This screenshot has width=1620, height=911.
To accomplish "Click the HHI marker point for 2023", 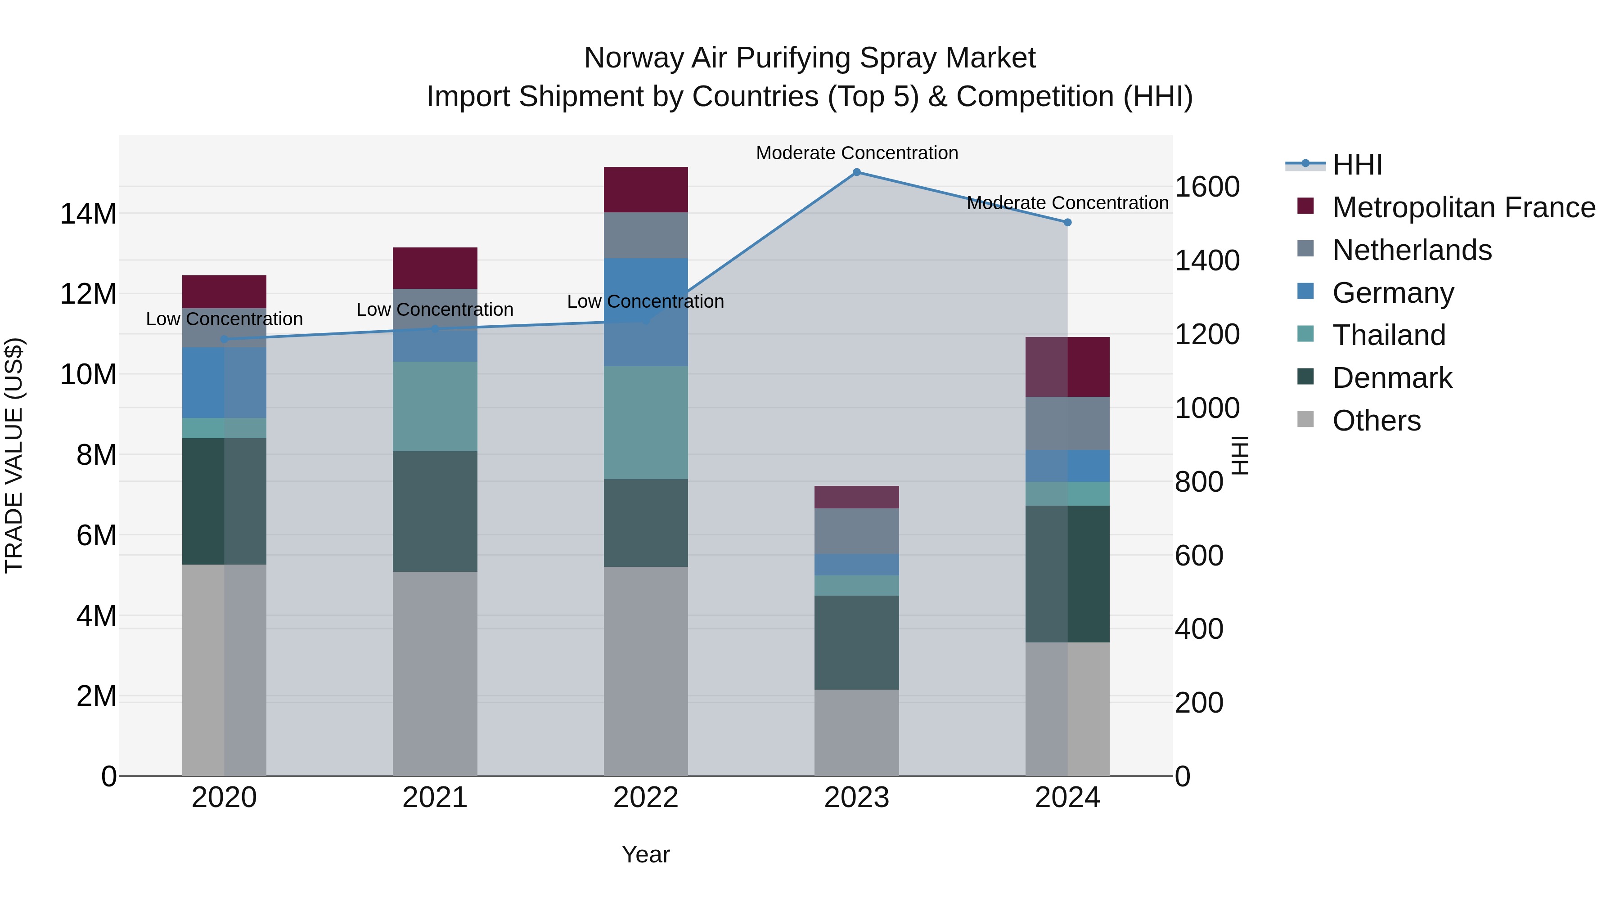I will pos(856,172).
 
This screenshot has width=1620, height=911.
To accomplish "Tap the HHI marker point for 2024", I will pos(1067,223).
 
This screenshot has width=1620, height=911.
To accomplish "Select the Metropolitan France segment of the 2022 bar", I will pos(646,190).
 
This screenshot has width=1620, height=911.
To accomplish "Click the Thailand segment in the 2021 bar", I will pos(435,406).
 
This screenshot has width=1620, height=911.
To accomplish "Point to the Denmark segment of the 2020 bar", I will pos(225,501).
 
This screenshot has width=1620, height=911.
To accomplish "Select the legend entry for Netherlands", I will pos(1412,250).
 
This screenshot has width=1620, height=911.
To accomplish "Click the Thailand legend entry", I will pos(1389,335).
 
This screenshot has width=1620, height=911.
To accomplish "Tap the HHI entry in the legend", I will pos(1357,165).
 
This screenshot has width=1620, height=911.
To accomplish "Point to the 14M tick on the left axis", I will pos(88,214).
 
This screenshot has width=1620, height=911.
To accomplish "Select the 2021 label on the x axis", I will pos(435,798).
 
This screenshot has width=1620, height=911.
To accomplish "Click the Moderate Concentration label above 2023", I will pos(856,153).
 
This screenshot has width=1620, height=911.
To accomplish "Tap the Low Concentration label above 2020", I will pos(225,319).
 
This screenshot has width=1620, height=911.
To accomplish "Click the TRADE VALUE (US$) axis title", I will pos(14,455).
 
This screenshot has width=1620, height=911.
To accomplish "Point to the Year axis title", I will pos(646,854).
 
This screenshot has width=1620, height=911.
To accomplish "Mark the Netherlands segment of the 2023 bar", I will pos(856,531).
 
